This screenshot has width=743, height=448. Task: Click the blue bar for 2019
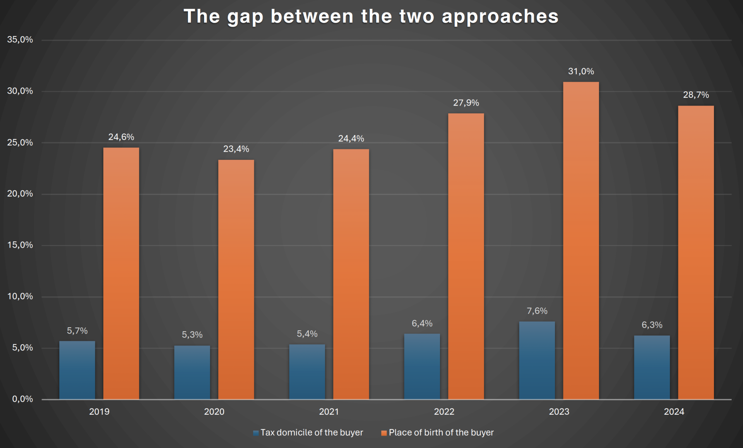click(x=77, y=370)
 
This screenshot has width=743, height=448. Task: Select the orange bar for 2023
click(x=581, y=240)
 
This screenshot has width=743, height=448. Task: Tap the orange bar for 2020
click(x=236, y=279)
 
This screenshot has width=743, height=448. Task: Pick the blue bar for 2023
click(x=537, y=360)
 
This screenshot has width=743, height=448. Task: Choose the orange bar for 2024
click(x=696, y=252)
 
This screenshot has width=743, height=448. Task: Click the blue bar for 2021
click(x=307, y=371)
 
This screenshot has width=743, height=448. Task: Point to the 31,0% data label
click(x=581, y=71)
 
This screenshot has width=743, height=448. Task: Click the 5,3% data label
click(x=192, y=335)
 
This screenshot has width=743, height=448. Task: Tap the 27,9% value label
click(x=466, y=103)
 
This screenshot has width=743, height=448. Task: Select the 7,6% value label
click(x=537, y=311)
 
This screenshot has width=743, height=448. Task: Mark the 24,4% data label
click(x=351, y=139)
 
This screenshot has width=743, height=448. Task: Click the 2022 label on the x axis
click(x=444, y=412)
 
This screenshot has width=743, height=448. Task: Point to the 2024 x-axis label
click(x=674, y=412)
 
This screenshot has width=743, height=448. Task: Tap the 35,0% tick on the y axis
click(x=20, y=39)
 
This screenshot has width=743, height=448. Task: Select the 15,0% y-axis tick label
click(x=20, y=245)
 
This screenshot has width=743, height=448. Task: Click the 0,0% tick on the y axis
click(x=22, y=399)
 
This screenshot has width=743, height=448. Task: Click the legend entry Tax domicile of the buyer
click(x=312, y=433)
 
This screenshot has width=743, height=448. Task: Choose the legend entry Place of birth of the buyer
click(x=441, y=433)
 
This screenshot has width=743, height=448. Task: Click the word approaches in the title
click(x=500, y=17)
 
